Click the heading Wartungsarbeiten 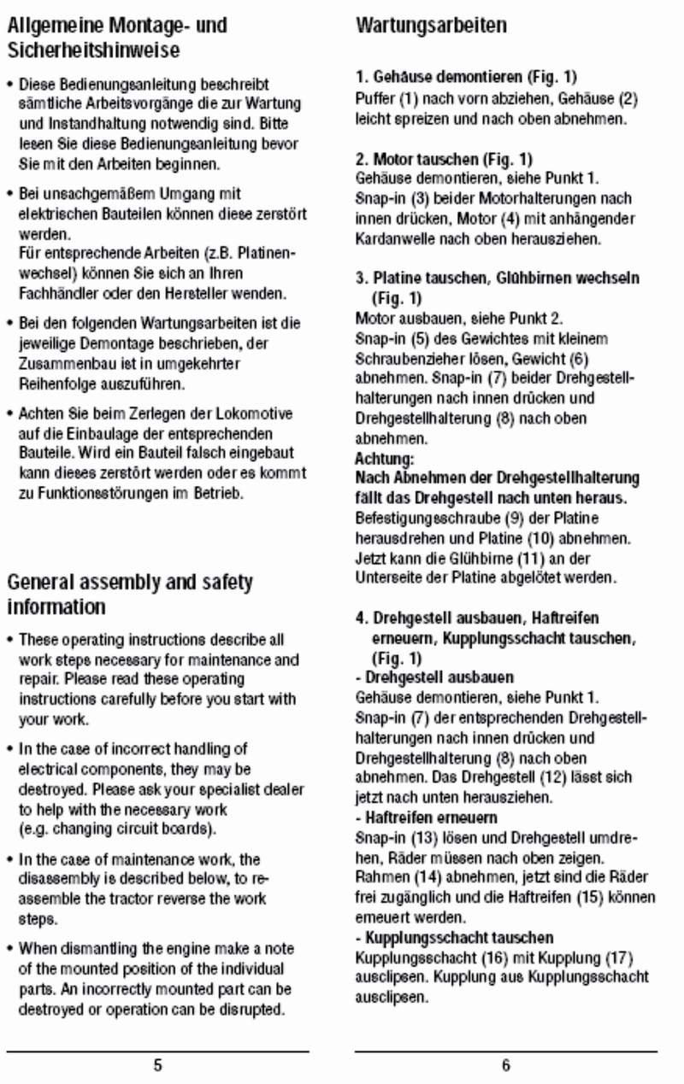tap(431, 26)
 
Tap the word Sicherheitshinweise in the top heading tap(93, 50)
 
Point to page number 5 tap(157, 1065)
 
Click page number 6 tap(506, 1065)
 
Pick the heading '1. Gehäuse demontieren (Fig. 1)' tap(466, 78)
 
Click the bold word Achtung tap(378, 459)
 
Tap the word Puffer tap(374, 98)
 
